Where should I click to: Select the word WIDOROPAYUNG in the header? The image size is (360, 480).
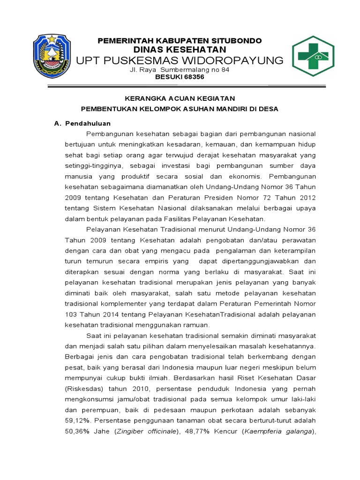pos(231,60)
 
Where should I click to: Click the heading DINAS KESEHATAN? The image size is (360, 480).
pos(180,50)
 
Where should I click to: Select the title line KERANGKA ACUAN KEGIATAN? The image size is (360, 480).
pos(180,98)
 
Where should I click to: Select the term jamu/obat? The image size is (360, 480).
pos(121,399)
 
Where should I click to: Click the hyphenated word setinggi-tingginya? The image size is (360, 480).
pos(93,166)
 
